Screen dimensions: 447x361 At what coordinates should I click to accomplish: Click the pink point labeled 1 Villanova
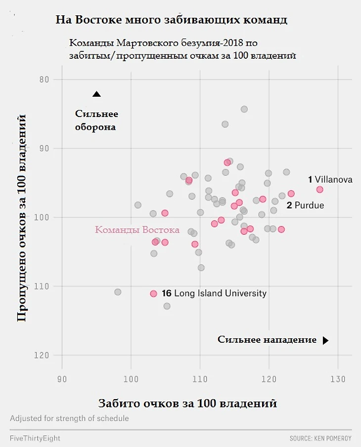coord(319,190)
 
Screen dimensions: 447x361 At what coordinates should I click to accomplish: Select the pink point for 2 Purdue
coord(291,194)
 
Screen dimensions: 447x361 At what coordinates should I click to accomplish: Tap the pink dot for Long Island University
coord(153,293)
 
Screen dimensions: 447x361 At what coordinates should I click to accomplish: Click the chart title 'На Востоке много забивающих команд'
coord(172,20)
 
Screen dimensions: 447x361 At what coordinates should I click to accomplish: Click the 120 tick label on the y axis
coord(42,355)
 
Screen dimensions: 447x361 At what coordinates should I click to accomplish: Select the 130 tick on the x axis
coord(338,379)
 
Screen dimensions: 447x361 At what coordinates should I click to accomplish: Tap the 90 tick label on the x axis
coord(62,379)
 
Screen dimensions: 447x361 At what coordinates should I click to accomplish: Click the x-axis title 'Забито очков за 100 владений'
coord(187,403)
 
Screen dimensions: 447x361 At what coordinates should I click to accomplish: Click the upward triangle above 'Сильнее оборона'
coord(96,94)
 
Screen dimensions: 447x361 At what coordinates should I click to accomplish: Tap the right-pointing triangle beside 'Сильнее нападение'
coord(325,340)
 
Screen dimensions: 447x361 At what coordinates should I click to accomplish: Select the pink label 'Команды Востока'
coord(137,230)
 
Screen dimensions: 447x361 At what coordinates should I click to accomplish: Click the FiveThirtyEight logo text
coord(35,438)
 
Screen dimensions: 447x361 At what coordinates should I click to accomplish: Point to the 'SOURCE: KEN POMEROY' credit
coord(320,438)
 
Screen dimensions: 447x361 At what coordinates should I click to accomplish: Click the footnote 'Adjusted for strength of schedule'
coord(69,418)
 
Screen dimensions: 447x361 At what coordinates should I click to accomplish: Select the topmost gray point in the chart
coord(244,109)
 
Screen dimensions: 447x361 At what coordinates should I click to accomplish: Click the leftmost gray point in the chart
coord(118,292)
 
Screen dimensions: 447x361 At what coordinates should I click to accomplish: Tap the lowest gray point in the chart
coord(167,306)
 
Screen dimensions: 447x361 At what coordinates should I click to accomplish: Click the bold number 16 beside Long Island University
coord(166,293)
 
